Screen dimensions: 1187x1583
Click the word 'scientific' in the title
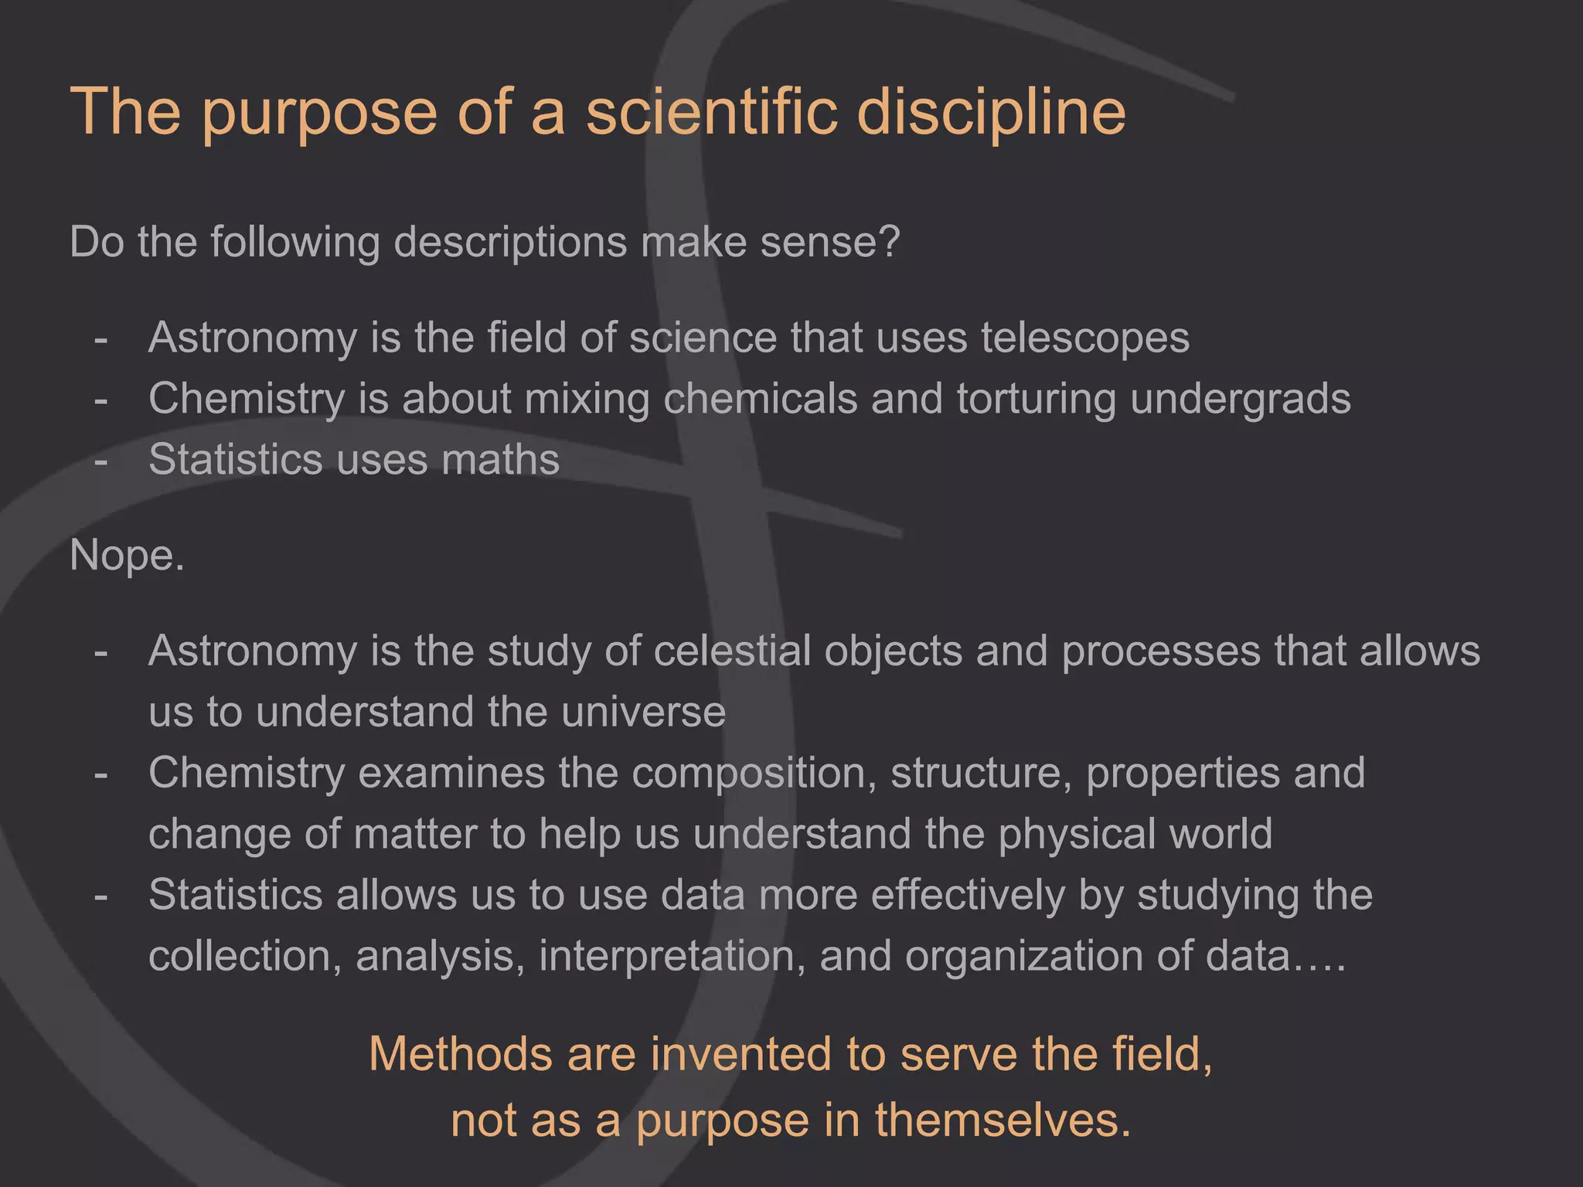click(x=711, y=112)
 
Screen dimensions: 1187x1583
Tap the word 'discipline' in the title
click(x=991, y=112)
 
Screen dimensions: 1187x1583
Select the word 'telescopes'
click(x=1085, y=338)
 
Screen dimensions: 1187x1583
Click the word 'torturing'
click(x=1036, y=400)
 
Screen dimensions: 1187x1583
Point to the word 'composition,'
click(x=754, y=774)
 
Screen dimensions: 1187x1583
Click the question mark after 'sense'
click(x=890, y=242)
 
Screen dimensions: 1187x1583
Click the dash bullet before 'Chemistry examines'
click(x=100, y=774)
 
